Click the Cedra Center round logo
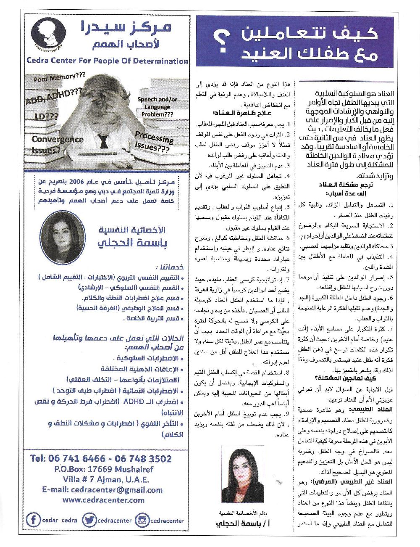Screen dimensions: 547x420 [49, 33]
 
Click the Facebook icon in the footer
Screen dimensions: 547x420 [33, 520]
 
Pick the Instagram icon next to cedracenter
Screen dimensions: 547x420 [142, 521]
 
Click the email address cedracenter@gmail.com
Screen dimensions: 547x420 [102, 490]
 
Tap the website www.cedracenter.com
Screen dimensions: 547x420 [103, 500]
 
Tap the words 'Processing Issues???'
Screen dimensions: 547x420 [153, 142]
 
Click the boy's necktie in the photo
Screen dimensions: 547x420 [102, 141]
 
